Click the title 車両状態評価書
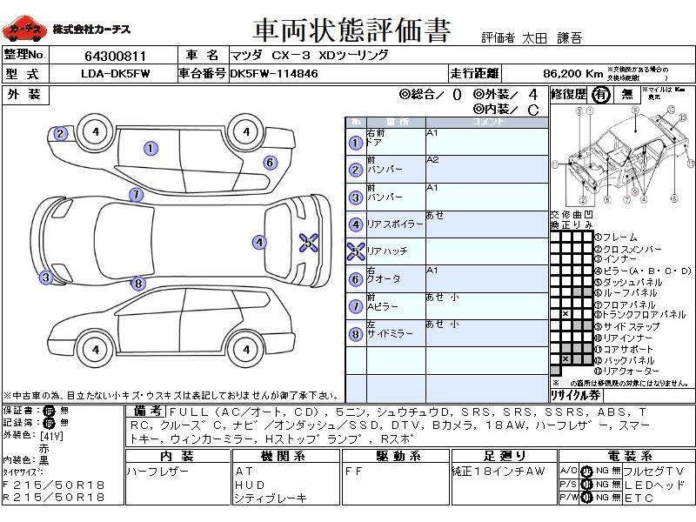click(351, 30)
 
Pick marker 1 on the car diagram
click(151, 149)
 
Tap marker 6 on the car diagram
click(271, 162)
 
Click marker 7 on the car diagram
click(136, 194)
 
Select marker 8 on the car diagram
click(137, 283)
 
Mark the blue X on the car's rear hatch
click(308, 243)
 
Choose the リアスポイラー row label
click(393, 224)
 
